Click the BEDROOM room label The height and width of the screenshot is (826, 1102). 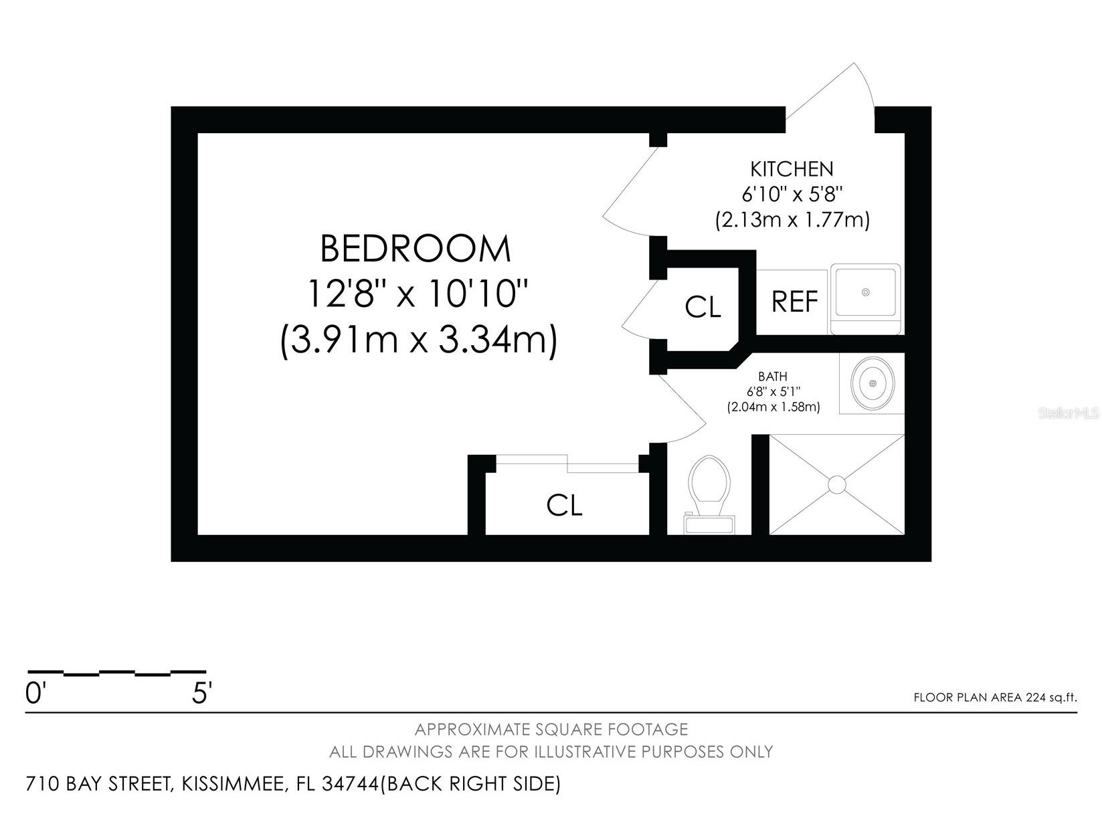(x=416, y=249)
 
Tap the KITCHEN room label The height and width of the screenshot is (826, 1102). (x=792, y=169)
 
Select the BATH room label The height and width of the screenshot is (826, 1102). (x=772, y=377)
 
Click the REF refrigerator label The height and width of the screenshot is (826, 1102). (x=794, y=302)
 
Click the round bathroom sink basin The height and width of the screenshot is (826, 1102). (x=873, y=383)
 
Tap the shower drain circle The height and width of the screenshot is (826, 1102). (x=837, y=485)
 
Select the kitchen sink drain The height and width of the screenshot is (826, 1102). (x=866, y=292)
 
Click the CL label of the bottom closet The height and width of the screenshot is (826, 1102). (x=564, y=506)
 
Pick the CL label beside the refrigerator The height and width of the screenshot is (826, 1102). (x=703, y=307)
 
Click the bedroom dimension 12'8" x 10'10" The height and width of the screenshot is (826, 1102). (x=418, y=294)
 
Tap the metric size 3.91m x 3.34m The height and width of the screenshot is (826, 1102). (x=419, y=340)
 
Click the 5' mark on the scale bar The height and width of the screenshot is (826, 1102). (x=201, y=694)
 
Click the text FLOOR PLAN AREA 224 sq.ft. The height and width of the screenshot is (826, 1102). (x=995, y=698)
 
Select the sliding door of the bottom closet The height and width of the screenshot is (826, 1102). (x=567, y=462)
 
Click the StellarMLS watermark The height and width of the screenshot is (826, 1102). (x=1069, y=413)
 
